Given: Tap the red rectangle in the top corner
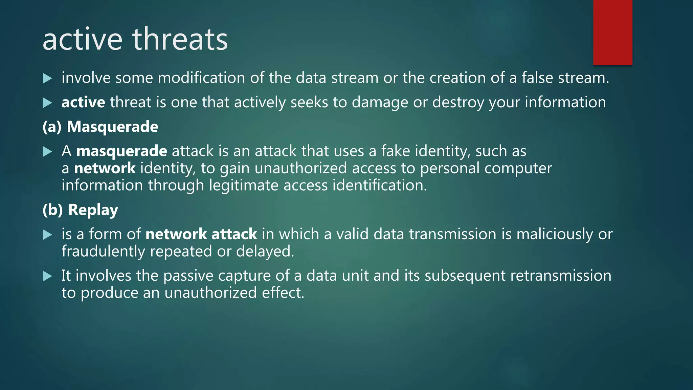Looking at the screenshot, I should (x=612, y=32).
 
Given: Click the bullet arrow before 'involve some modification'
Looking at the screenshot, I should (x=48, y=79).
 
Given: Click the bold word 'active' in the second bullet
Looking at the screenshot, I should (x=83, y=102).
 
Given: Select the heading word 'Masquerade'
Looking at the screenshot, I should (x=112, y=127).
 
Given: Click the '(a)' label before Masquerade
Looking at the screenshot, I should (x=52, y=127).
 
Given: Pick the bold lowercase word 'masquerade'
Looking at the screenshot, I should (x=121, y=151).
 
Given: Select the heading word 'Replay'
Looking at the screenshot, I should (x=93, y=210).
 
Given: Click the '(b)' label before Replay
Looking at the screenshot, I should (x=53, y=210).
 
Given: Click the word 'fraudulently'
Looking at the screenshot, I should (x=103, y=252).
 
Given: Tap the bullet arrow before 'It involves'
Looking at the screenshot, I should (x=48, y=276).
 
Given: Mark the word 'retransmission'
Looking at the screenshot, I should (x=561, y=276).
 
